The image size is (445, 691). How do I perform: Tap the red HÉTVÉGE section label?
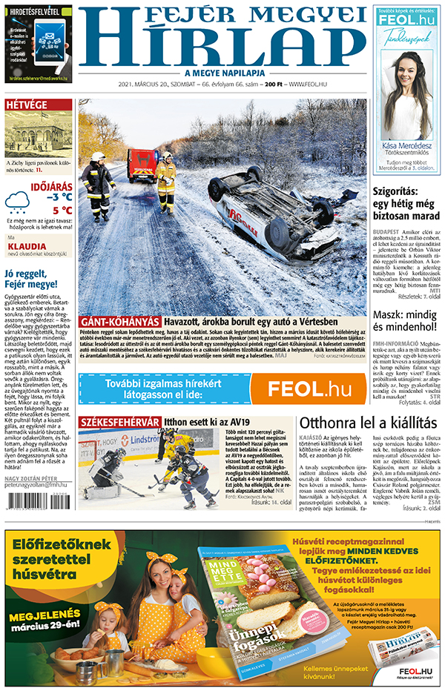(x=27, y=105)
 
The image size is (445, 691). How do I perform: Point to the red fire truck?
(x=142, y=165)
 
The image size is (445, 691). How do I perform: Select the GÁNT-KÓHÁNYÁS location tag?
(x=119, y=321)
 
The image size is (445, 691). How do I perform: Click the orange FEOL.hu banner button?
(x=308, y=389)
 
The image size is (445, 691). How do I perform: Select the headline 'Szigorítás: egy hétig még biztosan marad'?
(x=406, y=205)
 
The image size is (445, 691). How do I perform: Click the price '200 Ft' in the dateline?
(x=274, y=85)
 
